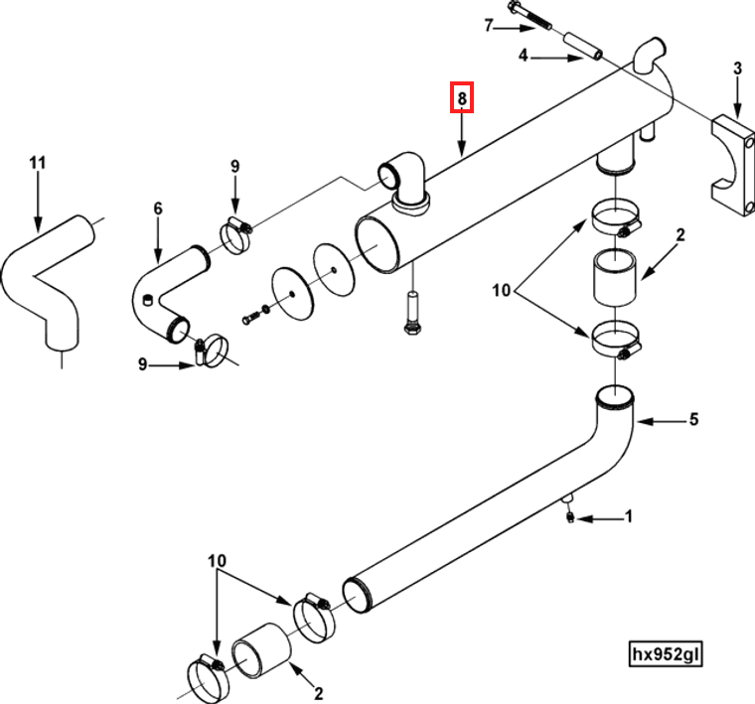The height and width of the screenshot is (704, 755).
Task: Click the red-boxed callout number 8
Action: tap(460, 98)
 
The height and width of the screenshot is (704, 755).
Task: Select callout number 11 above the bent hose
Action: tap(38, 162)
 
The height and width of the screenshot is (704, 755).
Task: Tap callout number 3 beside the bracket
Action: tap(737, 69)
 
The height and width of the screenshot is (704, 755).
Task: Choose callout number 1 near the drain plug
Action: tap(627, 517)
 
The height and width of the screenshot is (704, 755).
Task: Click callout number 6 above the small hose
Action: tap(157, 209)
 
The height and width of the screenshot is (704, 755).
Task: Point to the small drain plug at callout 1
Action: tap(569, 514)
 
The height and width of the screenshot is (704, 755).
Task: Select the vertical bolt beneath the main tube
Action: tap(411, 315)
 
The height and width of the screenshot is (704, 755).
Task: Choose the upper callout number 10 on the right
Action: tap(500, 291)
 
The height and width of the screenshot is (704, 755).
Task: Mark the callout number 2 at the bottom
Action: tap(319, 692)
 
